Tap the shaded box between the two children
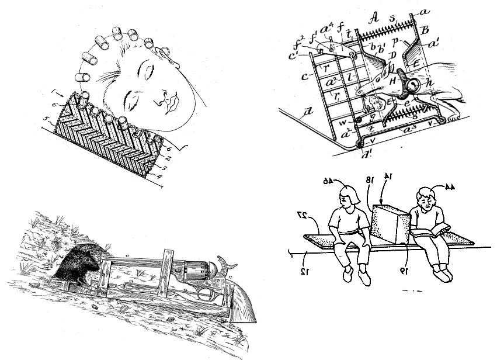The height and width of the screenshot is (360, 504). pos(391,225)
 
